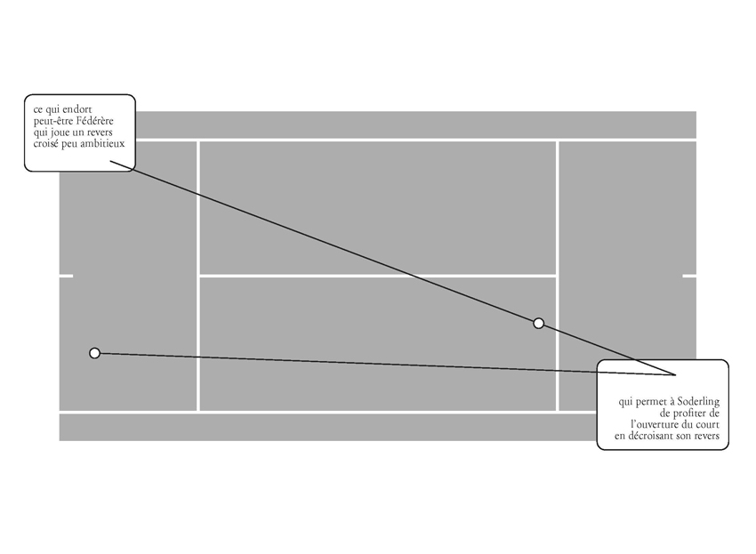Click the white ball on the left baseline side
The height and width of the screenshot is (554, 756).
tap(95, 353)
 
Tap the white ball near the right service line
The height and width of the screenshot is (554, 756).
tap(538, 323)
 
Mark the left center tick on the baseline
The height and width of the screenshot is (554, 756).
tap(67, 276)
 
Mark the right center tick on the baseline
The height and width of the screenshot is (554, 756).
tap(688, 276)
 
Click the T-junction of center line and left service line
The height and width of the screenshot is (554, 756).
tap(198, 276)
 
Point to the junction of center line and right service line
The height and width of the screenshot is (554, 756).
tap(557, 276)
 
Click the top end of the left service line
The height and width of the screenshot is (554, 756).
tap(198, 141)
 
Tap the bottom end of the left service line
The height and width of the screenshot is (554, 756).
tap(198, 412)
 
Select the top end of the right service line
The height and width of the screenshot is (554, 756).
tap(557, 141)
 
